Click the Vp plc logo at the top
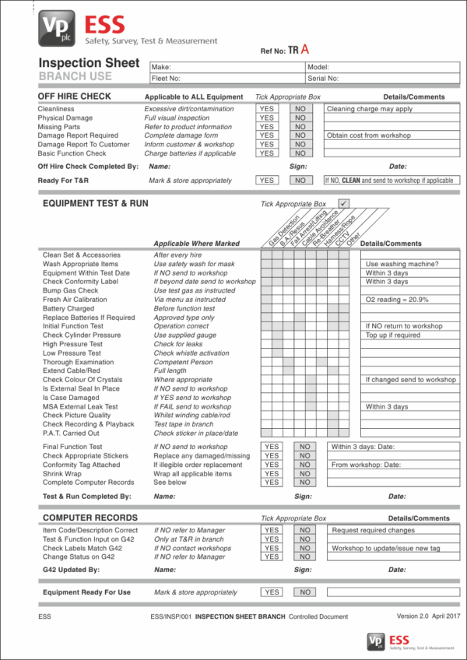(57, 30)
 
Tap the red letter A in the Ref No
(306, 49)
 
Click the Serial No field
(382, 78)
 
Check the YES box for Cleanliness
(267, 109)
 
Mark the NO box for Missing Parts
(300, 127)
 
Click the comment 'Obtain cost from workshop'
(368, 135)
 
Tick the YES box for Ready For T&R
(267, 180)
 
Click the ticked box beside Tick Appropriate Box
(343, 204)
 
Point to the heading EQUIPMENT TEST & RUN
(95, 203)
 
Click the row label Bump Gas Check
(71, 290)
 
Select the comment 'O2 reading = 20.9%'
(397, 300)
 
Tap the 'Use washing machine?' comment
(402, 264)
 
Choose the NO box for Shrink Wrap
(304, 473)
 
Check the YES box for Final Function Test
(271, 447)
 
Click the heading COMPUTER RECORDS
(90, 518)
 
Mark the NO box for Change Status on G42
(304, 556)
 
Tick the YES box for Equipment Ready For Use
(271, 592)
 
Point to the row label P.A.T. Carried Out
(71, 433)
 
